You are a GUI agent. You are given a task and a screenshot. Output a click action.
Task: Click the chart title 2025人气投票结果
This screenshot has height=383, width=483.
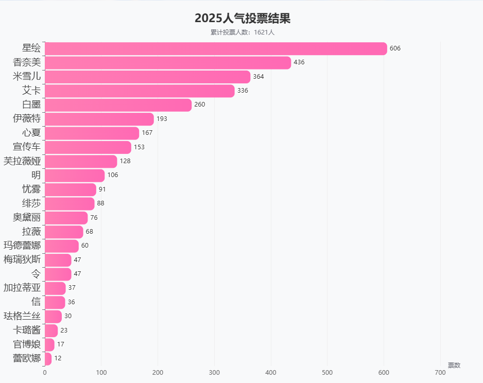coord(243,19)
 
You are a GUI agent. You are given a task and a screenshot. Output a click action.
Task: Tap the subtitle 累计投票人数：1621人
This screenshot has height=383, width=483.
coord(243,32)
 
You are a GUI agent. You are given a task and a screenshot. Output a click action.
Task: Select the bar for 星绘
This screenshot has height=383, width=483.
coord(216,48)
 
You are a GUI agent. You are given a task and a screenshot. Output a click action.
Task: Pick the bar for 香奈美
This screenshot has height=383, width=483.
coord(168,63)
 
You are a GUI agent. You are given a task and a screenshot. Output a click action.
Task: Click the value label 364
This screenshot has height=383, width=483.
coord(258,77)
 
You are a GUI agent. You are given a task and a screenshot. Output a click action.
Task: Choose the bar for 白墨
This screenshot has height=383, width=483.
coord(118,105)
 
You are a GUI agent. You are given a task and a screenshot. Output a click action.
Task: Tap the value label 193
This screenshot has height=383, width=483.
coord(162,119)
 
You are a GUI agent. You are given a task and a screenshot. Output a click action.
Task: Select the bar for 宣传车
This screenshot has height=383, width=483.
coord(88,147)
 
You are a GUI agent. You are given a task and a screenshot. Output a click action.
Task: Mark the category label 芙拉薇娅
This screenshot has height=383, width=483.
coord(22,161)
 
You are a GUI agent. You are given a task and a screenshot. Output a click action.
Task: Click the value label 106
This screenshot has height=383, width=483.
coord(113,175)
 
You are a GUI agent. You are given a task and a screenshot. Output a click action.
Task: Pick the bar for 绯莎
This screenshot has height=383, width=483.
coord(70,203)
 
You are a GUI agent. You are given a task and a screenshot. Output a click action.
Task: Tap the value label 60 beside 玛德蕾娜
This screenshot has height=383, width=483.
coord(85,246)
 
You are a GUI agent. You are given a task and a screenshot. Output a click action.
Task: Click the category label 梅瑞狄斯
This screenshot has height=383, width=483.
coord(22,259)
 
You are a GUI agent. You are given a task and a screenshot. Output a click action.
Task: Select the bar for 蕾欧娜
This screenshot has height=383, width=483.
coord(48,358)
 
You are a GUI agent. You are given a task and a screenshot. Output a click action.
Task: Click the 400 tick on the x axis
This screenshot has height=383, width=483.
coord(271,372)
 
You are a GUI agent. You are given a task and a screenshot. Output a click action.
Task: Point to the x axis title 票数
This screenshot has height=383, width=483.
coord(454,365)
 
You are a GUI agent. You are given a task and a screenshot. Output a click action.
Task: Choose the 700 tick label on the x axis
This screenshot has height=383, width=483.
coord(440,372)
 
